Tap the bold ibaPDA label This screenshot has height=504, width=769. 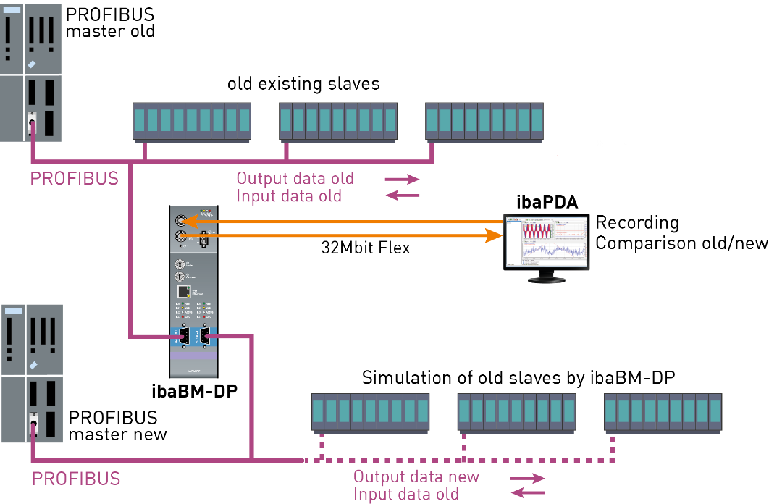547,202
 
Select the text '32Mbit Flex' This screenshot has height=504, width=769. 366,248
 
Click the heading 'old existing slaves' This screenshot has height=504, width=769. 303,84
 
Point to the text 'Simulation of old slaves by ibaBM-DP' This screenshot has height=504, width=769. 519,377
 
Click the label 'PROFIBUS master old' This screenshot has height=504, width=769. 110,23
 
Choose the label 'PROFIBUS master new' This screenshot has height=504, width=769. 117,427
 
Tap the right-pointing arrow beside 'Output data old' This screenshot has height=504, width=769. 402,178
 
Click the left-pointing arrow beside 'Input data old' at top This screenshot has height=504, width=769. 402,196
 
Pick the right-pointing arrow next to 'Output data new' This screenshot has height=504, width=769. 527,478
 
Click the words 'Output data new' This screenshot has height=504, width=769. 416,476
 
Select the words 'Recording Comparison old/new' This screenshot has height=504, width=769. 681,232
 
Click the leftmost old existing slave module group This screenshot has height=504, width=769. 191,120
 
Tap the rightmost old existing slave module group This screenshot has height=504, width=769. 484,120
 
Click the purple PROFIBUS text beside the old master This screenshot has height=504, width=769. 75,178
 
